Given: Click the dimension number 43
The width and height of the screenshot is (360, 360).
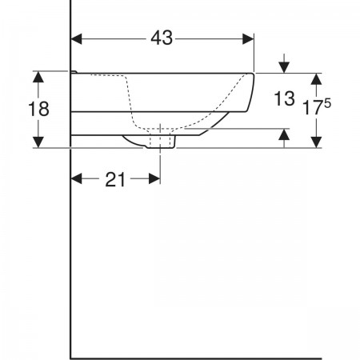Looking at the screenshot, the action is (162, 38).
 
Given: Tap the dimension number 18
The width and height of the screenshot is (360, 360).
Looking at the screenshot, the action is (38, 109).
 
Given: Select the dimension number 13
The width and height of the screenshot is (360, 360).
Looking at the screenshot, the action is (284, 98).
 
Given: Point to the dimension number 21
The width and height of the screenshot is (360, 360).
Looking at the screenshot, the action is (115, 179).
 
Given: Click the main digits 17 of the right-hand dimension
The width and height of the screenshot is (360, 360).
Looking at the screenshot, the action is (311, 107).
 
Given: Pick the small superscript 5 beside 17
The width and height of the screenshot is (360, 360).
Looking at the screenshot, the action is (327, 102).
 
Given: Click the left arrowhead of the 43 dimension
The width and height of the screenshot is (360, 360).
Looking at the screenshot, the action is (76, 39).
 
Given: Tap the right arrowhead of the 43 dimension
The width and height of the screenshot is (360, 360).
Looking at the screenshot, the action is (248, 39).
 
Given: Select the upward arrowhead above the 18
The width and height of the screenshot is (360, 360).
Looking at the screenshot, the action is (38, 77).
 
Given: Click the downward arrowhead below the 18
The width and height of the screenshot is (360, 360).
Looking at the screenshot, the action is (38, 142).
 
